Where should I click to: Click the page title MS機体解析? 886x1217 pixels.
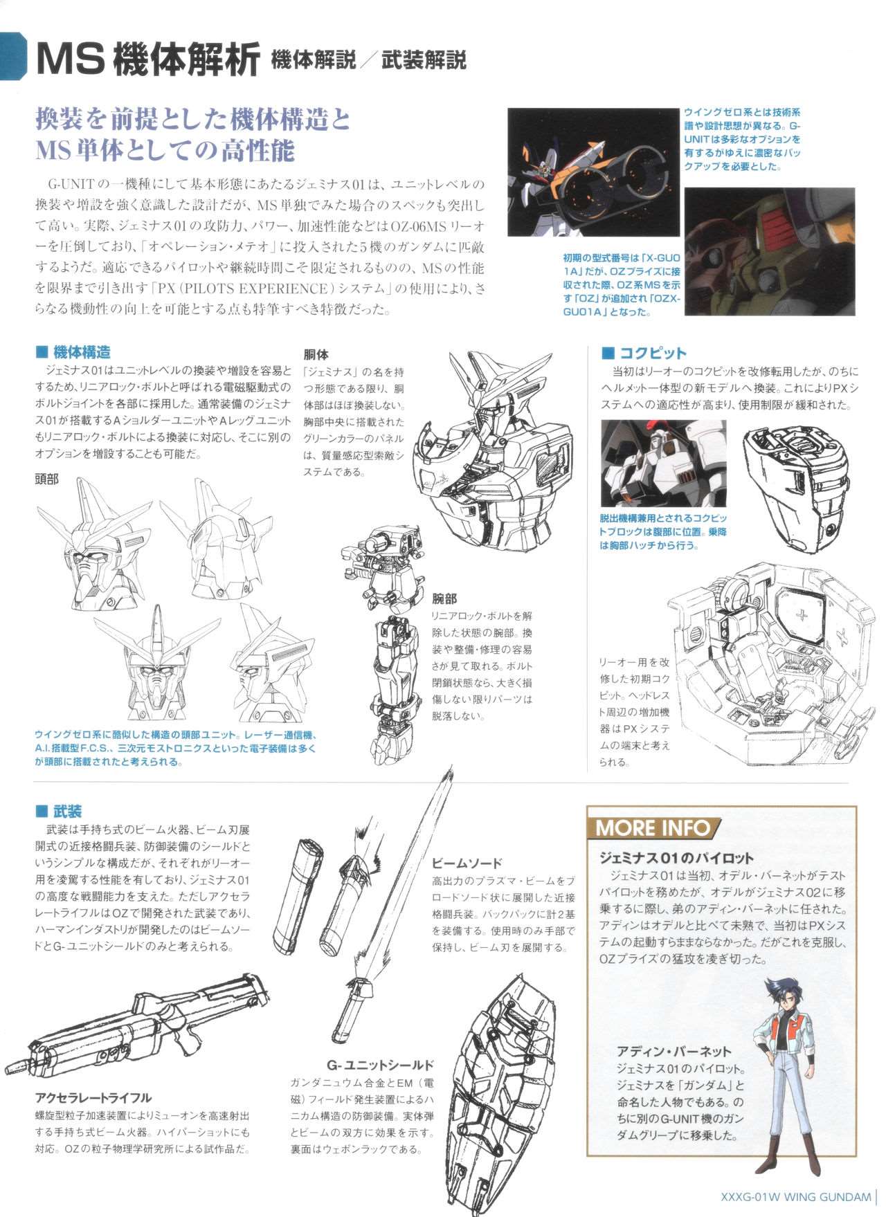coord(148,60)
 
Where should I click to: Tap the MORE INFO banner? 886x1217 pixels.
coord(653,827)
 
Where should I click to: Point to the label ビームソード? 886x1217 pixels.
coord(467,863)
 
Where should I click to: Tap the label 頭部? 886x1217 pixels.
coord(47,479)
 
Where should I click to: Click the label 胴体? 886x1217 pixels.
coord(316,354)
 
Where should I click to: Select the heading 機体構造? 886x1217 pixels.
coord(82,353)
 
